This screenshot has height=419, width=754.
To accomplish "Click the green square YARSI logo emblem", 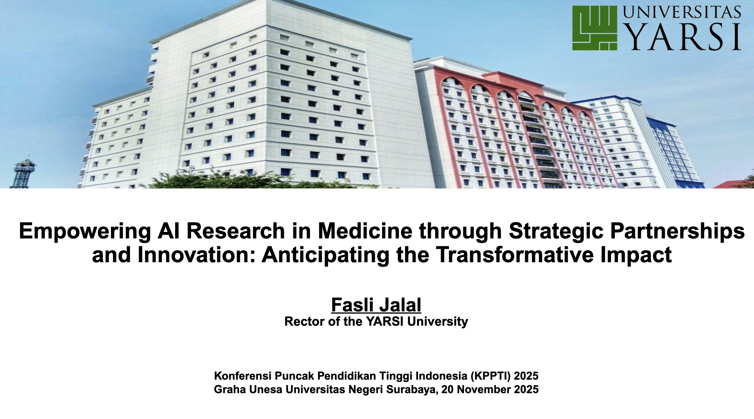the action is click(595, 28).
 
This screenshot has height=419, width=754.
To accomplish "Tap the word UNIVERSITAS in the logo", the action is click(682, 12).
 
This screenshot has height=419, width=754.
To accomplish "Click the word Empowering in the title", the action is click(85, 231).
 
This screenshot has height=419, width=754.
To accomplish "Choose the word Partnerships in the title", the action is click(678, 231).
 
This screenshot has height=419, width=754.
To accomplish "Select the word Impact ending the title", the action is click(636, 255).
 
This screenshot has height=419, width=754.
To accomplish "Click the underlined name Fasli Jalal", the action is click(376, 305).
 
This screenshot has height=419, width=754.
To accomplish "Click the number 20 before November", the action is click(447, 389).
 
